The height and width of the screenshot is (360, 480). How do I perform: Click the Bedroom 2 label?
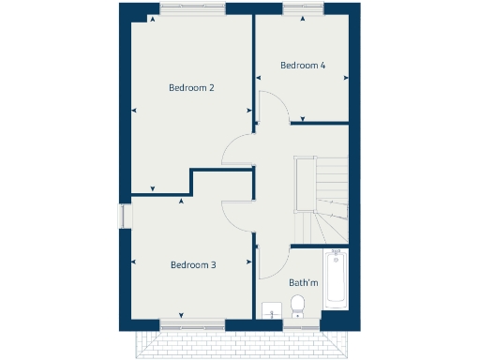tap(191, 88)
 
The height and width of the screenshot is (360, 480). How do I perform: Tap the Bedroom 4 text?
tap(303, 66)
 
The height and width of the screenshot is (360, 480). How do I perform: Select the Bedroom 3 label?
tap(193, 265)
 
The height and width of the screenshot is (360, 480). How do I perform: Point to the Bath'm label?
tap(302, 282)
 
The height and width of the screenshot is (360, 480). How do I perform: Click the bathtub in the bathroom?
tap(336, 278)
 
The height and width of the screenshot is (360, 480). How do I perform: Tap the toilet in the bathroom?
tap(297, 305)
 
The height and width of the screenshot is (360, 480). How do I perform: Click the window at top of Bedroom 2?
tap(191, 9)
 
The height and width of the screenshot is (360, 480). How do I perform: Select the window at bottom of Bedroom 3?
tap(192, 324)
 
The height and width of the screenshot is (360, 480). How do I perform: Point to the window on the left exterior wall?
tap(123, 215)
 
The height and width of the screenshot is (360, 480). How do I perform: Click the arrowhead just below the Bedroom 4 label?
tap(303, 119)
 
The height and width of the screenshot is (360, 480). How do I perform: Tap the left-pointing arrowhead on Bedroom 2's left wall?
tap(135, 111)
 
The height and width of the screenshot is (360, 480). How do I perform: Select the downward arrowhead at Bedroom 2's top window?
tap(150, 18)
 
